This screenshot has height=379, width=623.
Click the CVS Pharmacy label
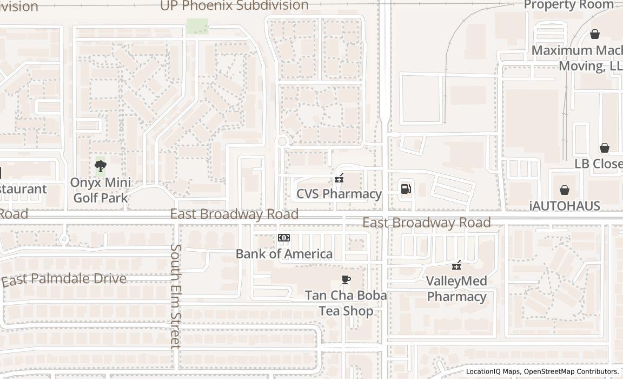[339, 194]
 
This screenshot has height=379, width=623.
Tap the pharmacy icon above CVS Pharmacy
[339, 178]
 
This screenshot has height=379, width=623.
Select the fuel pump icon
[406, 188]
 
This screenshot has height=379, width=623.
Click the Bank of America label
[284, 253]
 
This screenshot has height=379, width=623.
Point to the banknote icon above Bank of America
[284, 238]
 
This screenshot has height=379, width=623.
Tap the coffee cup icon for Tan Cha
[346, 279]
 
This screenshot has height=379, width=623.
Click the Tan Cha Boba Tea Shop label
[346, 303]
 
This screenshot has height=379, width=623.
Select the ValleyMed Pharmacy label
[456, 289]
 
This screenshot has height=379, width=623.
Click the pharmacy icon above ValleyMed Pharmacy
[457, 265]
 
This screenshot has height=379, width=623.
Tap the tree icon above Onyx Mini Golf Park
[100, 166]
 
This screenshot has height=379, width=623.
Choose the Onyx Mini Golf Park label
[100, 190]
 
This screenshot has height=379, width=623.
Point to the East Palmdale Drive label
[64, 279]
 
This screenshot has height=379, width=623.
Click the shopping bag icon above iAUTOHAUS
[565, 190]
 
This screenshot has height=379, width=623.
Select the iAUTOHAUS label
[565, 206]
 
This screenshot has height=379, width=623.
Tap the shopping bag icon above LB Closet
[605, 148]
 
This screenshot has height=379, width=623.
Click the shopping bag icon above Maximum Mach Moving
[595, 34]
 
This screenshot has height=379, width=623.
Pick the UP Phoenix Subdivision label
[234, 6]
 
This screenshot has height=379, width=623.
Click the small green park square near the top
[197, 27]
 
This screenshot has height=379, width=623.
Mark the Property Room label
[569, 5]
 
